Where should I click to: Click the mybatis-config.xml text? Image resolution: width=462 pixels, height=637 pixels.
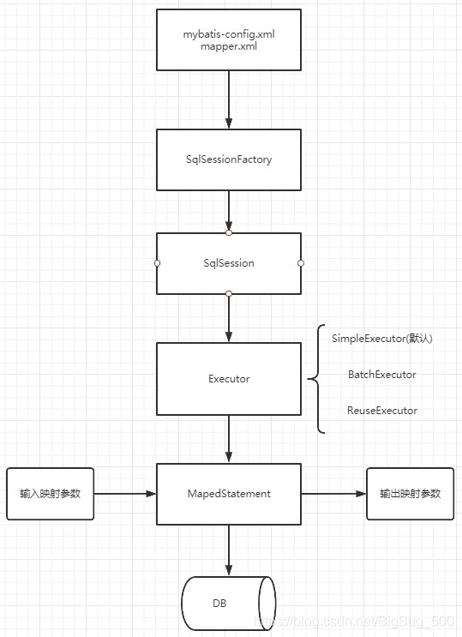pos(229,34)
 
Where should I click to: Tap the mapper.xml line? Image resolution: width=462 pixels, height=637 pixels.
pos(229,46)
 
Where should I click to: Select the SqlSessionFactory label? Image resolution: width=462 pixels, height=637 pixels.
pos(229,159)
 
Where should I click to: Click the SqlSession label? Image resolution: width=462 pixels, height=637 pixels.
pos(229,263)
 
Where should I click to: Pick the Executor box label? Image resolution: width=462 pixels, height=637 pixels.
pos(229,379)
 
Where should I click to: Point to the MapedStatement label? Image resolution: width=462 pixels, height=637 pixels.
pos(229,494)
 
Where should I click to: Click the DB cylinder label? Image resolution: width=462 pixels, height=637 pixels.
pos(219,604)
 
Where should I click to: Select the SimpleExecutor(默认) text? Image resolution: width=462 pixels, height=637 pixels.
pos(382,339)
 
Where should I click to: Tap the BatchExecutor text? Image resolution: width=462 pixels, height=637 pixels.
pos(382,374)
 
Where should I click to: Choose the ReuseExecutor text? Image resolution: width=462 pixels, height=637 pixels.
pos(382,411)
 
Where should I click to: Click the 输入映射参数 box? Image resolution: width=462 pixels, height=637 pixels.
pos(51,494)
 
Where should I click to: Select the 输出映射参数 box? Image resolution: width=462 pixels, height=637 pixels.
pos(410,494)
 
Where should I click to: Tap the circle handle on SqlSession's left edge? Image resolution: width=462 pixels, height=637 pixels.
pos(157,263)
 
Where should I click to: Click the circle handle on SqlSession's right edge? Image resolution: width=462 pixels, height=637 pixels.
pos(301,263)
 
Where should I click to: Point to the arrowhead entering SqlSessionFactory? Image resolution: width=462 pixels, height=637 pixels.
pos(229,123)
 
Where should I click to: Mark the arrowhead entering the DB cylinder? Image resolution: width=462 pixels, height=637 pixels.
pos(229,570)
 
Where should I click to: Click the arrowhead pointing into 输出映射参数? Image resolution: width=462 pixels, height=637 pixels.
pos(361,494)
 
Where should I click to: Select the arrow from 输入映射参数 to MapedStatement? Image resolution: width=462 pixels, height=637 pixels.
pos(125,494)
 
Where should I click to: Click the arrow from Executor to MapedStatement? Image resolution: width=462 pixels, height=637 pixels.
pos(229,439)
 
